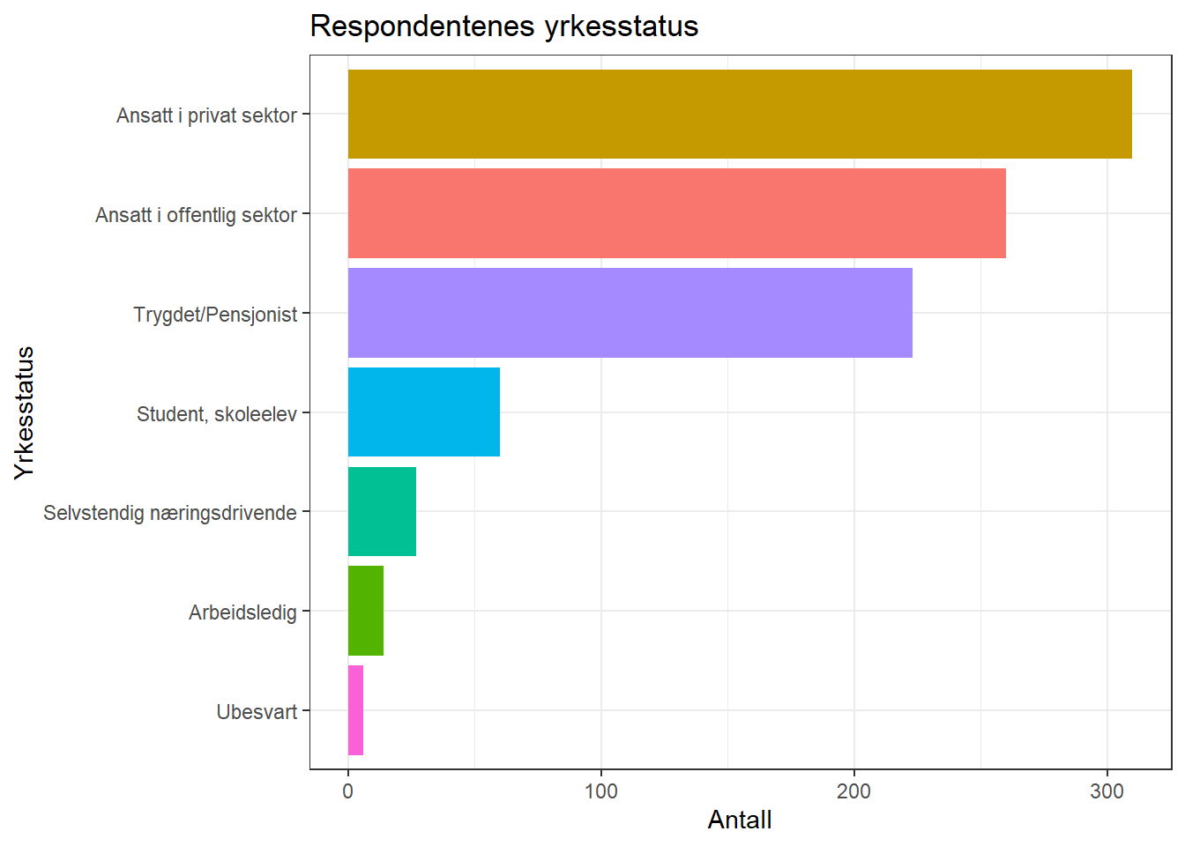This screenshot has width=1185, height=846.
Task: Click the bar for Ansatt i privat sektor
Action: click(x=739, y=115)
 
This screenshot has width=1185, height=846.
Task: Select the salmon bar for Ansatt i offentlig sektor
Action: click(x=676, y=214)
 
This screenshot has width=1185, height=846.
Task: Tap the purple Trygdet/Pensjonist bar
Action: click(x=630, y=313)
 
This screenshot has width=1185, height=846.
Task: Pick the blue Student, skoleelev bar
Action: click(x=423, y=412)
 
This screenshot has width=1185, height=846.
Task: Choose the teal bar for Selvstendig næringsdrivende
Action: click(x=382, y=512)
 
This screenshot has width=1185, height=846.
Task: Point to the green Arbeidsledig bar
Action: click(x=366, y=611)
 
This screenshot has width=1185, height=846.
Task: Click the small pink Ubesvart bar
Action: click(x=355, y=710)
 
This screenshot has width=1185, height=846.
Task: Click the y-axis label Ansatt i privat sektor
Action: click(x=206, y=115)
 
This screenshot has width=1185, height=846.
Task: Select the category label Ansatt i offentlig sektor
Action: click(x=196, y=215)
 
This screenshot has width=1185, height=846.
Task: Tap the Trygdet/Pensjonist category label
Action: click(x=215, y=315)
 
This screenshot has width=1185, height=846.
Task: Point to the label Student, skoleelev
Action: click(x=216, y=414)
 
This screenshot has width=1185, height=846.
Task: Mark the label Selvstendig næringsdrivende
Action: click(x=169, y=513)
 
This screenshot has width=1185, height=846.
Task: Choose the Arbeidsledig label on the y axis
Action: click(x=242, y=612)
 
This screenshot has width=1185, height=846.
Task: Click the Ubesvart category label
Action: click(x=257, y=712)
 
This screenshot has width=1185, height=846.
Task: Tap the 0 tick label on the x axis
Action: click(x=348, y=791)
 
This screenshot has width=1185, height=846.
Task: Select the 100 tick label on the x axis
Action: click(x=601, y=791)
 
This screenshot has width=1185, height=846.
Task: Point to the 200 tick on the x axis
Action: click(x=854, y=791)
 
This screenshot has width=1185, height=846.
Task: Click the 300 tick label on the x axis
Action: click(x=1107, y=791)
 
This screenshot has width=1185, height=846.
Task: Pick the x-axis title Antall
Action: click(x=740, y=820)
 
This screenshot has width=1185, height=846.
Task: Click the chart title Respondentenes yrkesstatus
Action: click(x=503, y=26)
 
